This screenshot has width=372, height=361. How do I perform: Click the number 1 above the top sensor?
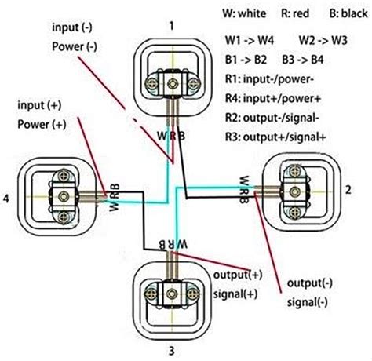tap(170, 26)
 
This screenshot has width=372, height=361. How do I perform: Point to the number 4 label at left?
tap(6, 199)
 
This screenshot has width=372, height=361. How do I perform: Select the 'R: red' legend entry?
tap(296, 13)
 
